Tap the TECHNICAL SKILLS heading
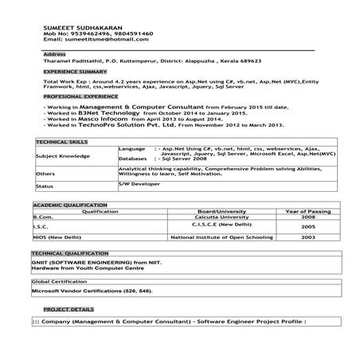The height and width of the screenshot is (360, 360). (61, 141)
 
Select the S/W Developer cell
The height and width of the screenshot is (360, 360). (139, 184)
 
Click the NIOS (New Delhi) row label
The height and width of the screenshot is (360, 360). (57, 237)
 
